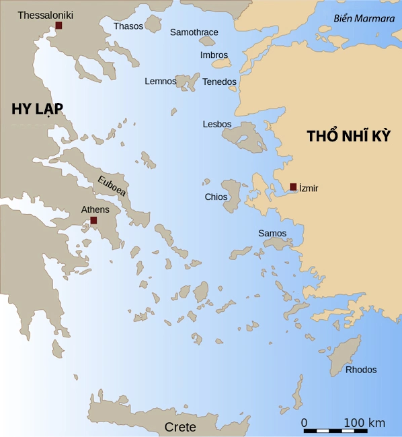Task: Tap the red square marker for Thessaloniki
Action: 58,26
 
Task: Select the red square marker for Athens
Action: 93,220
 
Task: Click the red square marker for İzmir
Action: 293,187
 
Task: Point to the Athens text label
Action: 95,209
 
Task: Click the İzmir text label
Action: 309,188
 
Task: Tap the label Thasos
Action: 128,26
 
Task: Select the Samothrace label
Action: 194,32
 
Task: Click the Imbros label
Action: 214,55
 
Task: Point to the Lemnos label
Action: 161,81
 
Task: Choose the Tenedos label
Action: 220,81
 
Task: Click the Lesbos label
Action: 217,124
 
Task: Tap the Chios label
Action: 216,197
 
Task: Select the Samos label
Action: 272,233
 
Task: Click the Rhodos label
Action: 362,370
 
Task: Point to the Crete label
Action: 180,427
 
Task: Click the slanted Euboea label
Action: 111,187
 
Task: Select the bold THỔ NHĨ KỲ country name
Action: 349,135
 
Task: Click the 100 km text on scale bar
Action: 364,422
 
